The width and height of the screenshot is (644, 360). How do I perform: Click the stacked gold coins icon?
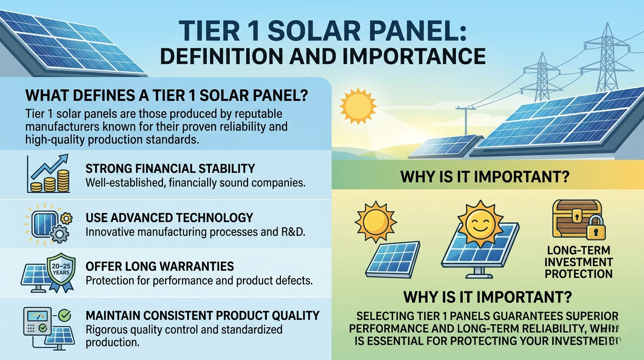[x=50, y=182]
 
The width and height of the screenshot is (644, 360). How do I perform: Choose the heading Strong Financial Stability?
[x=170, y=168]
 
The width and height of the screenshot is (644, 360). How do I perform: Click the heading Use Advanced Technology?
[x=169, y=217]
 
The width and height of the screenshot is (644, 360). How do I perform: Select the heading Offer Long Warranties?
[x=160, y=267]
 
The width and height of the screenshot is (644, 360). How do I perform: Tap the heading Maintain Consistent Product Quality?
[x=202, y=315]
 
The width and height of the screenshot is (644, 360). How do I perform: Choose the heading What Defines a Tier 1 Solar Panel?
[x=166, y=96]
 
